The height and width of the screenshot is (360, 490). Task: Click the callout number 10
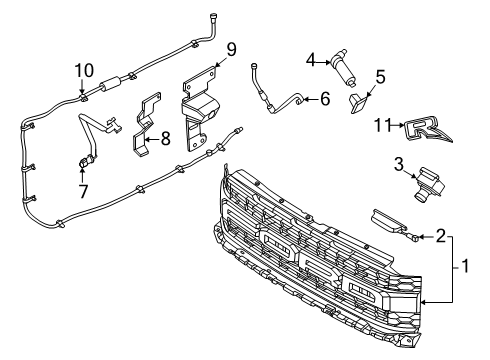pos(84,71)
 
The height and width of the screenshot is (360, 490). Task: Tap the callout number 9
pos(230,50)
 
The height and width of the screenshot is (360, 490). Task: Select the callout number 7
pos(83,191)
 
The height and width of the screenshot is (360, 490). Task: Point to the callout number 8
pos(165,138)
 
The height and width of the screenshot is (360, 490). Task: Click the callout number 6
pos(325,99)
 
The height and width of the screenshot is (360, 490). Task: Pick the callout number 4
pos(311,60)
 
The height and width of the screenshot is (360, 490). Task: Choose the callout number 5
pos(380,77)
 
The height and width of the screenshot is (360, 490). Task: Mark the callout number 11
pos(382,125)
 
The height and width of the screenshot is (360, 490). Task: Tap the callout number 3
pos(399,164)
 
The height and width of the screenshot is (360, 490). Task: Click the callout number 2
pos(441,236)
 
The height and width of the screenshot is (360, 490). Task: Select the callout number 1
pos(465,266)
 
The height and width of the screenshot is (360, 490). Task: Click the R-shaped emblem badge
pos(428,130)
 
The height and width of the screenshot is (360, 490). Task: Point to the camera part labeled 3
pos(428,184)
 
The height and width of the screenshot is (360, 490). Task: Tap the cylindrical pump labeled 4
pos(343,67)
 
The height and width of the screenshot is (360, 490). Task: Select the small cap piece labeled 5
pos(359,103)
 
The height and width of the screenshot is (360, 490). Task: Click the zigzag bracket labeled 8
pos(146,124)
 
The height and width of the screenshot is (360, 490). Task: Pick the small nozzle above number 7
pos(83,163)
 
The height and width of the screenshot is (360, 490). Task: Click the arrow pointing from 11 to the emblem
pos(397,125)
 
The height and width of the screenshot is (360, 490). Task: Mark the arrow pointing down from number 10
pos(82,86)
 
